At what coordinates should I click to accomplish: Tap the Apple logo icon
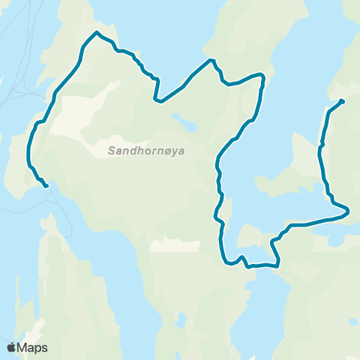coord(12,347)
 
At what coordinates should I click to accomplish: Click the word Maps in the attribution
coord(33,347)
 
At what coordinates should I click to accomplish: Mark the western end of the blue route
coord(46,185)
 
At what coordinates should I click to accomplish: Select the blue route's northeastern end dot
coord(342,101)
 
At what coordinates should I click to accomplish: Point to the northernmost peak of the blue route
coord(97,32)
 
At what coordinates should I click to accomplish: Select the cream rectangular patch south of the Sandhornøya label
coord(175,246)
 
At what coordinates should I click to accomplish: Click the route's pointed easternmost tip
coord(349,212)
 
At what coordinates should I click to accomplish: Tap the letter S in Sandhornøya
coord(112,151)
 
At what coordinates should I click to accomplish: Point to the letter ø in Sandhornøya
coord(166,151)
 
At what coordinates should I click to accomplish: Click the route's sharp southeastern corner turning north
coord(278,264)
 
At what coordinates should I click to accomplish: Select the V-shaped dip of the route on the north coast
coord(157,100)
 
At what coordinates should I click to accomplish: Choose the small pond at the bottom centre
coord(181,320)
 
